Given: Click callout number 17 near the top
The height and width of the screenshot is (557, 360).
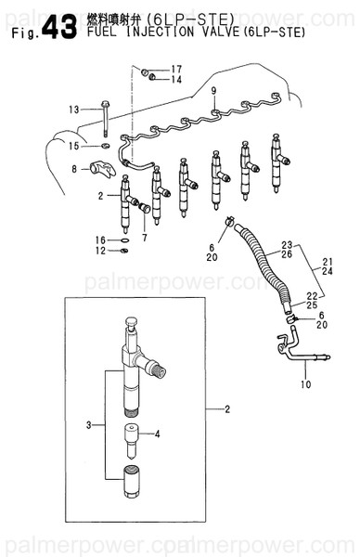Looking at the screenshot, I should tap(176, 69).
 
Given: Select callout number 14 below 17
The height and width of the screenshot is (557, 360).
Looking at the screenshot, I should tap(176, 80).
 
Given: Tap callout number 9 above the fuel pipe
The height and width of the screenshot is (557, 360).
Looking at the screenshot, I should tap(212, 89).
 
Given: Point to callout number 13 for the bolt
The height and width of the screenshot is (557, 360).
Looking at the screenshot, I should tap(74, 110).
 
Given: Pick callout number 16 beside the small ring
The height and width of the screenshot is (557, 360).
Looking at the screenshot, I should tap(100, 240).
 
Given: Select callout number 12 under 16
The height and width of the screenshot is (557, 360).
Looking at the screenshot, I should tap(100, 253).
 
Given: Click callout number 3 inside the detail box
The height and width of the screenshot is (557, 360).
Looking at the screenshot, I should tap(89, 424).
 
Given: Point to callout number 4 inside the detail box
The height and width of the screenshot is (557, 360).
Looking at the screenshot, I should tap(157, 434).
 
